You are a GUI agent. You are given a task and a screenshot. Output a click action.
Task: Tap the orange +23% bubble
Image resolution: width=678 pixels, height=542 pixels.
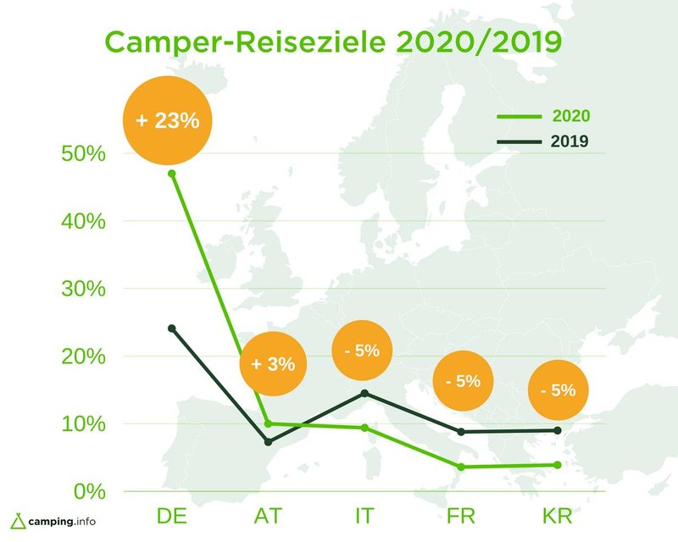click(166, 119)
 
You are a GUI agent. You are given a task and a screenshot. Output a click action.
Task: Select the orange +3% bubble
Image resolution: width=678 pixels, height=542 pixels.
click(273, 364)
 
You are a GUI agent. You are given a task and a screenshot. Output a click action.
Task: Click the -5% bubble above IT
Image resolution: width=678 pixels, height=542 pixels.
click(362, 350)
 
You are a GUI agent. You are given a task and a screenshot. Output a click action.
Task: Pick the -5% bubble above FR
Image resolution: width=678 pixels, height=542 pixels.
click(463, 381)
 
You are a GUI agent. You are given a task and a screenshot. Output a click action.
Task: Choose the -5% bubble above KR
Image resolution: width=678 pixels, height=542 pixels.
click(558, 390)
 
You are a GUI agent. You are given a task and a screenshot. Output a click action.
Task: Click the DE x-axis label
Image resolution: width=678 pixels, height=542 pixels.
click(171, 516)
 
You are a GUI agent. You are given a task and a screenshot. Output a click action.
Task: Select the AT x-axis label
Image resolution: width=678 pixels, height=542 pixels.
click(268, 516)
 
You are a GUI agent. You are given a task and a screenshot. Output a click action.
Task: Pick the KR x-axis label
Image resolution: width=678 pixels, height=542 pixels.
click(558, 516)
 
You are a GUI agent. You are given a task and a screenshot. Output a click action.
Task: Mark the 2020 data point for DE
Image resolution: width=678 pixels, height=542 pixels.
click(172, 174)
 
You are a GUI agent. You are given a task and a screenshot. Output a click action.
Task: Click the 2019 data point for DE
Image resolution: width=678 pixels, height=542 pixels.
click(172, 328)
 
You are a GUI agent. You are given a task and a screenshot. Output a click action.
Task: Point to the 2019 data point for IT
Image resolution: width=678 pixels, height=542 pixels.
click(364, 393)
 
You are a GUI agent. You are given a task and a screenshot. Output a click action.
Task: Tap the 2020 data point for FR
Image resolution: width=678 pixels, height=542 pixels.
click(461, 467)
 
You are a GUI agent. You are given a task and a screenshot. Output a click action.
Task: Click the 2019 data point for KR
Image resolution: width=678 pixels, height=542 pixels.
click(558, 430)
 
